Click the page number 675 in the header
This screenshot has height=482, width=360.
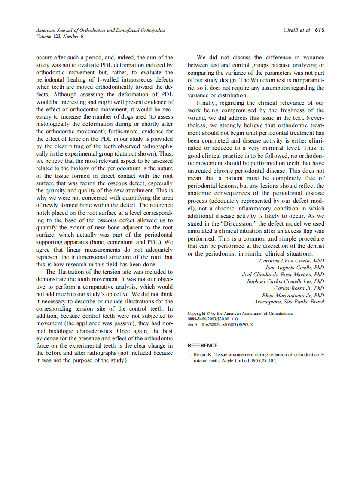pyautogui.click(x=319, y=31)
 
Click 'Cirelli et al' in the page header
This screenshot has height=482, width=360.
pyautogui.click(x=297, y=31)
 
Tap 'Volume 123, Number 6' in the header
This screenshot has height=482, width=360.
pyautogui.click(x=60, y=37)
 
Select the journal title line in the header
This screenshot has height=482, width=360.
pyautogui.click(x=100, y=31)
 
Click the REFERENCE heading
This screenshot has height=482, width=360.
pyautogui.click(x=203, y=345)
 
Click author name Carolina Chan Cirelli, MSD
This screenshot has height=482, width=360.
pyautogui.click(x=292, y=261)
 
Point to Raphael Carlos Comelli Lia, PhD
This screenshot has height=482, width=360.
pyautogui.click(x=285, y=281)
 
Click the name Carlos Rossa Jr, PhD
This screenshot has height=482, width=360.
pyautogui.click(x=299, y=288)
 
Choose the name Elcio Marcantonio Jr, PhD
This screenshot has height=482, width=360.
pyautogui.click(x=293, y=295)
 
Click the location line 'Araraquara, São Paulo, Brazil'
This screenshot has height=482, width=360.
pyautogui.click(x=289, y=302)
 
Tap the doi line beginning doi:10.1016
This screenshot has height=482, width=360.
pyautogui.click(x=220, y=325)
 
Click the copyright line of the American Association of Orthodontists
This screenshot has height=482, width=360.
pyautogui.click(x=241, y=314)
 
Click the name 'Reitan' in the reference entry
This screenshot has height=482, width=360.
pyautogui.click(x=201, y=355)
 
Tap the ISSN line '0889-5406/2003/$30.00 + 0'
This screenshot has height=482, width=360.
pyautogui.click(x=213, y=320)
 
